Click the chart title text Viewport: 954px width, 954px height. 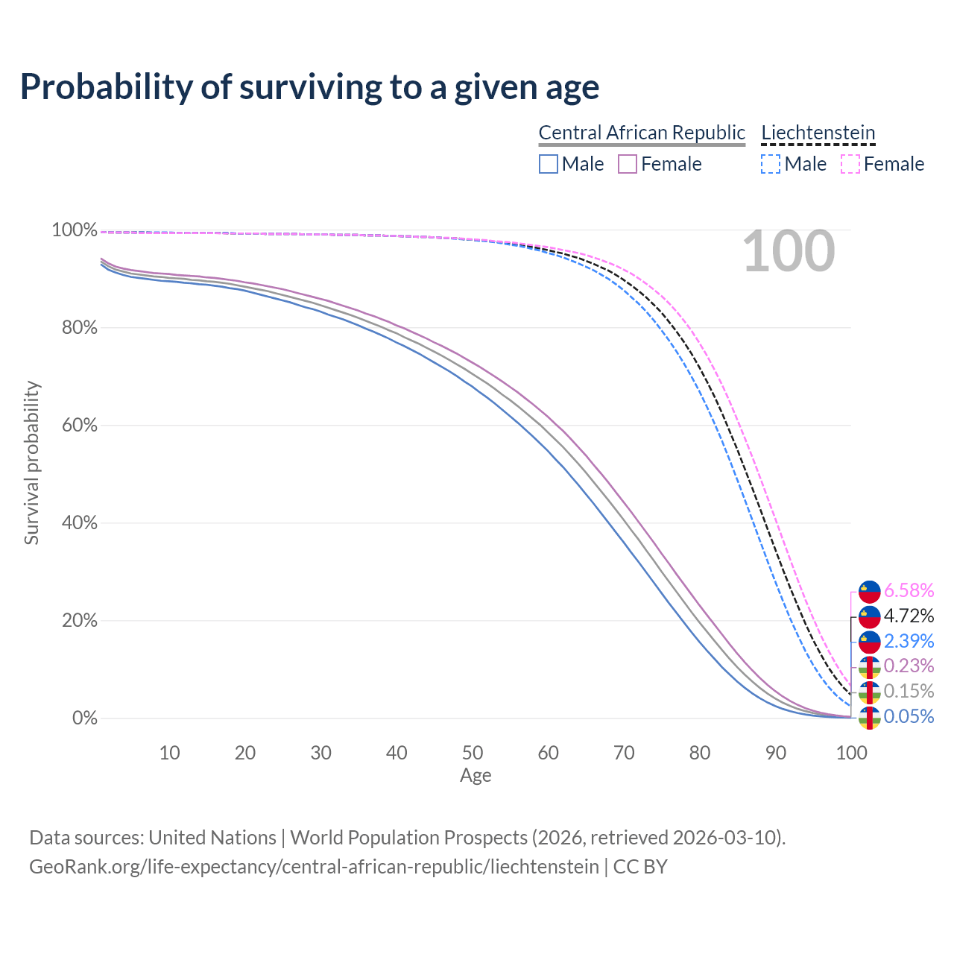pos(309,86)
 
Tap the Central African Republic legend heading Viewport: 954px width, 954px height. pos(642,133)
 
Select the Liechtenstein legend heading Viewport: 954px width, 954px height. pos(818,133)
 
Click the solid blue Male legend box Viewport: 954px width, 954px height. pos(549,164)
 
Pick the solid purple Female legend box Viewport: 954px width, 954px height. pos(628,164)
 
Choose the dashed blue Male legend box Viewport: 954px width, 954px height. pos(771,164)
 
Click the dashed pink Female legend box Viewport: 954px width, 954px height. pos(850,164)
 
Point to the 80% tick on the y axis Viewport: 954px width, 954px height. pos(75,327)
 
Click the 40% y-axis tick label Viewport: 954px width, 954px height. pos(75,523)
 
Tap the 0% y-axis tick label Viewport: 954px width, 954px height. pos(84,718)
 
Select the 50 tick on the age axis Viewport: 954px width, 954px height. pos(473,753)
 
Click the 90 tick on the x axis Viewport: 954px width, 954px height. pos(776,753)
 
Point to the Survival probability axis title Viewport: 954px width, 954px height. pos(31,462)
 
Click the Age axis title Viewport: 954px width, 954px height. pos(476,776)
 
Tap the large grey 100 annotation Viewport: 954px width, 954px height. pos(789,251)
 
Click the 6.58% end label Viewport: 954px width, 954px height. pos(909,591)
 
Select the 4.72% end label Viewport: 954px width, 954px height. pos(909,616)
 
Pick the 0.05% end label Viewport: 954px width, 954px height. pos(909,717)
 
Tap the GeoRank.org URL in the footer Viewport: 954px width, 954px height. pos(314,867)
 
